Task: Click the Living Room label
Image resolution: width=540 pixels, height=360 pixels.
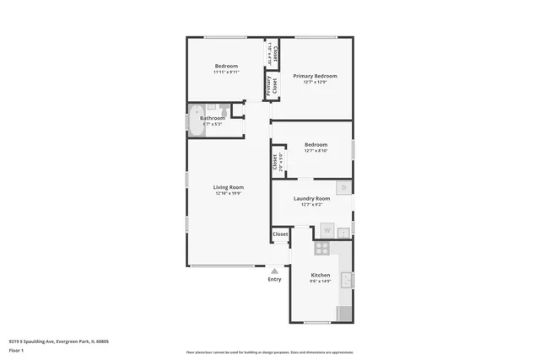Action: (x=228, y=187)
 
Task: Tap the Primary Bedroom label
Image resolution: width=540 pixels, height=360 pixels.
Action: (x=315, y=76)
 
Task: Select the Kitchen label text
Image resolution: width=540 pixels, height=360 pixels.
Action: (x=320, y=276)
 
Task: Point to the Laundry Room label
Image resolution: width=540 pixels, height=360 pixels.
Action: (x=311, y=199)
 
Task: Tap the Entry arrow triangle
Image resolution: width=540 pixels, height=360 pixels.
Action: (x=274, y=270)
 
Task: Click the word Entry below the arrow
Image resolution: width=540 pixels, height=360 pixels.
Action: (x=274, y=279)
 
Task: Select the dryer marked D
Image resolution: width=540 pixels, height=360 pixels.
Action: (x=343, y=188)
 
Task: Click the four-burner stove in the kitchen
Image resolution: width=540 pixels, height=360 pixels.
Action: (x=321, y=249)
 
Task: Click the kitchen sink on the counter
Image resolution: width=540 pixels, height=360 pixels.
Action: (x=346, y=281)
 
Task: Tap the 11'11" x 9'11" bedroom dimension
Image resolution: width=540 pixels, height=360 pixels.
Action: (x=226, y=73)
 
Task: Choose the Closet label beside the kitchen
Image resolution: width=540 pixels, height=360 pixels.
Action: (x=280, y=234)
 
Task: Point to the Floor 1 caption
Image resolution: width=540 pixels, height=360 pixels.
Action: (x=17, y=350)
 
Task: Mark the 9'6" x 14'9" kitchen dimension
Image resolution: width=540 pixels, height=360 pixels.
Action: (x=320, y=282)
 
